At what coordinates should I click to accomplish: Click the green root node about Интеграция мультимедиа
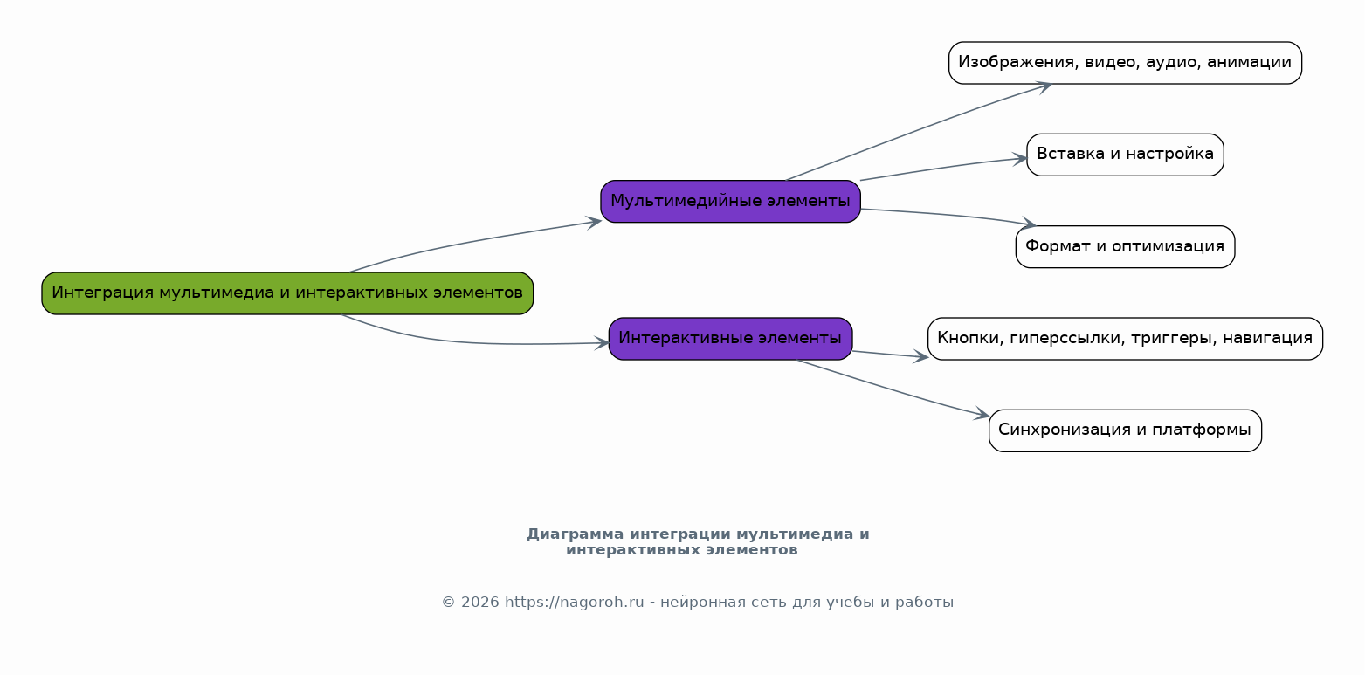pyautogui.click(x=287, y=293)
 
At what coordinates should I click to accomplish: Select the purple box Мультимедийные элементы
pyautogui.click(x=730, y=201)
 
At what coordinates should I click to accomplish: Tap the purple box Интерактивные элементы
pyautogui.click(x=730, y=339)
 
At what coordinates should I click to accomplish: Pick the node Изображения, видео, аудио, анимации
pyautogui.click(x=1125, y=63)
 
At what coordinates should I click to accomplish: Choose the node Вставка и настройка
pyautogui.click(x=1125, y=155)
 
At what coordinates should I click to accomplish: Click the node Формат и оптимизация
pyautogui.click(x=1125, y=247)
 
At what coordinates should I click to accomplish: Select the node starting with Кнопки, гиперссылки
pyautogui.click(x=1125, y=339)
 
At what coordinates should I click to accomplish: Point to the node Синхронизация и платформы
pyautogui.click(x=1125, y=430)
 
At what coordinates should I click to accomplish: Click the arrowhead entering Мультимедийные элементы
pyautogui.click(x=594, y=222)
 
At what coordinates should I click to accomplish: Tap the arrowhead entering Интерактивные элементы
pyautogui.click(x=602, y=343)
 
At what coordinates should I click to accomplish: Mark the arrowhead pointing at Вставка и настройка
pyautogui.click(x=1020, y=159)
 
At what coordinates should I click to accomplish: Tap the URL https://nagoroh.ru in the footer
pyautogui.click(x=574, y=603)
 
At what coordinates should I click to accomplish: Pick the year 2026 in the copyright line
pyautogui.click(x=480, y=603)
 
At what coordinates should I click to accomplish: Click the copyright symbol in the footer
pyautogui.click(x=449, y=603)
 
